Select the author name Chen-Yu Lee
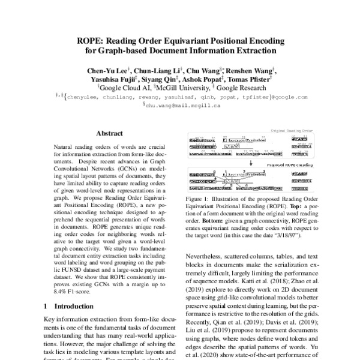[107, 69]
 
